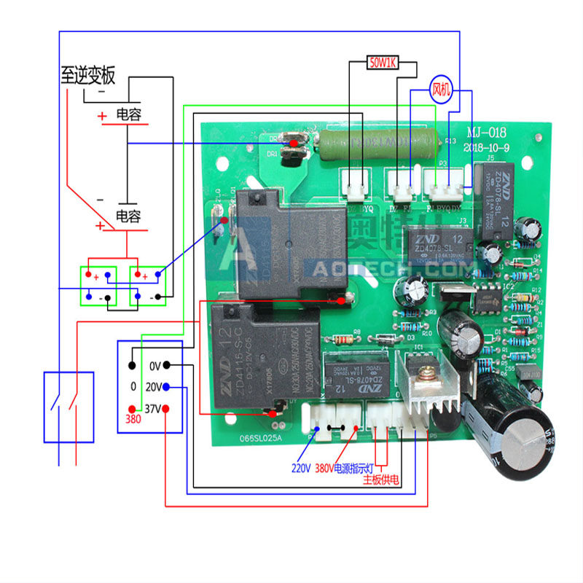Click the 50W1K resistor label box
(381, 63)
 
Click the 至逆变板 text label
(88, 74)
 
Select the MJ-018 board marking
(487, 132)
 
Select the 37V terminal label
(152, 409)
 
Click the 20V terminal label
(152, 387)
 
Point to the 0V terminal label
(154, 365)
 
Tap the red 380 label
(133, 420)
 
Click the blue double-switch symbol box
(69, 407)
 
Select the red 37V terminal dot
(166, 409)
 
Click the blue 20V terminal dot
(166, 387)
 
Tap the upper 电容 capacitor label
(128, 114)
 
